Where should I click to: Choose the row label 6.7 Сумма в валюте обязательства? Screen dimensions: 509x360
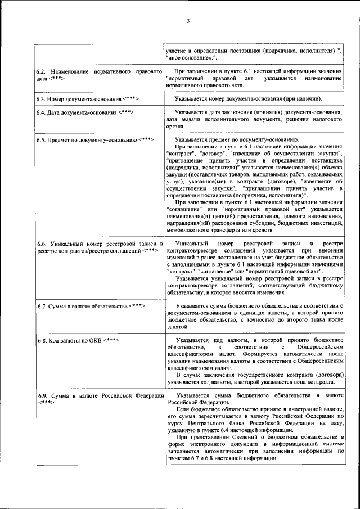coord(91,306)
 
